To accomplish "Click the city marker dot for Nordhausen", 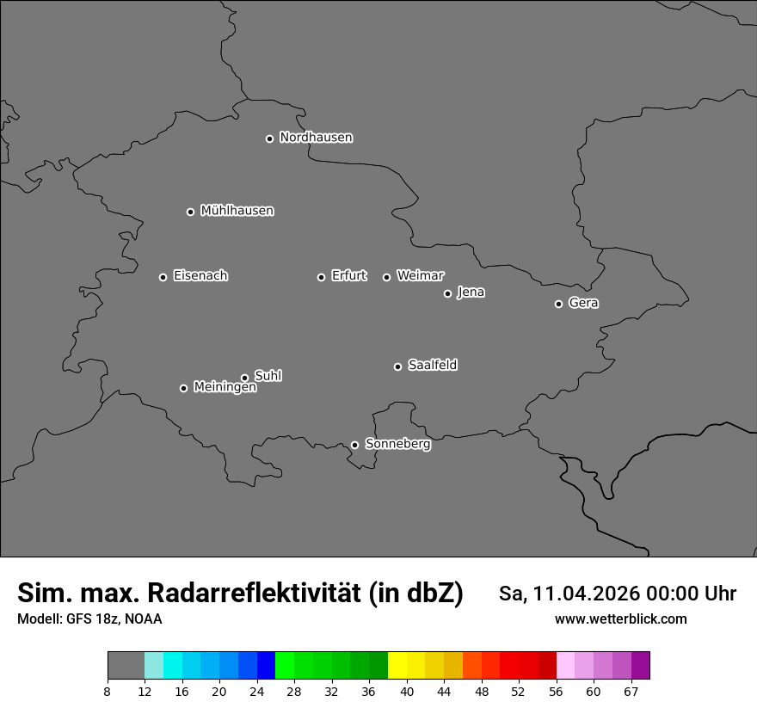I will pyautogui.click(x=269, y=138).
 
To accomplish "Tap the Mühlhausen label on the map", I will pyautogui.click(x=237, y=211).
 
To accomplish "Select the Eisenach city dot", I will pyautogui.click(x=163, y=277).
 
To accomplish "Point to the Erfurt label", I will pyautogui.click(x=348, y=276).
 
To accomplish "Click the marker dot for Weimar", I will pyautogui.click(x=386, y=277).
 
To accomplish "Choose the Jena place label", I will pyautogui.click(x=471, y=292).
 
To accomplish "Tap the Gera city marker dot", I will pyautogui.click(x=558, y=304).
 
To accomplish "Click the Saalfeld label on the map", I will pyautogui.click(x=432, y=366).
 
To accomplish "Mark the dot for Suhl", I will pyautogui.click(x=244, y=378).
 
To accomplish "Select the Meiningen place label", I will pyautogui.click(x=225, y=388).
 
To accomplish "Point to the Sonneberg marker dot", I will pyautogui.click(x=354, y=445).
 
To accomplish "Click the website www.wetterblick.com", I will pyautogui.click(x=620, y=619).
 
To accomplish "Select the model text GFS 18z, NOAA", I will pyautogui.click(x=113, y=619).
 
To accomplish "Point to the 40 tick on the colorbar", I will pyautogui.click(x=406, y=691).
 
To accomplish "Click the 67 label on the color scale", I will pyautogui.click(x=631, y=691).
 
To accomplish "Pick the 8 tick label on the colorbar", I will pyautogui.click(x=108, y=691).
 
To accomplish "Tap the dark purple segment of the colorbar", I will pyautogui.click(x=640, y=666).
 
